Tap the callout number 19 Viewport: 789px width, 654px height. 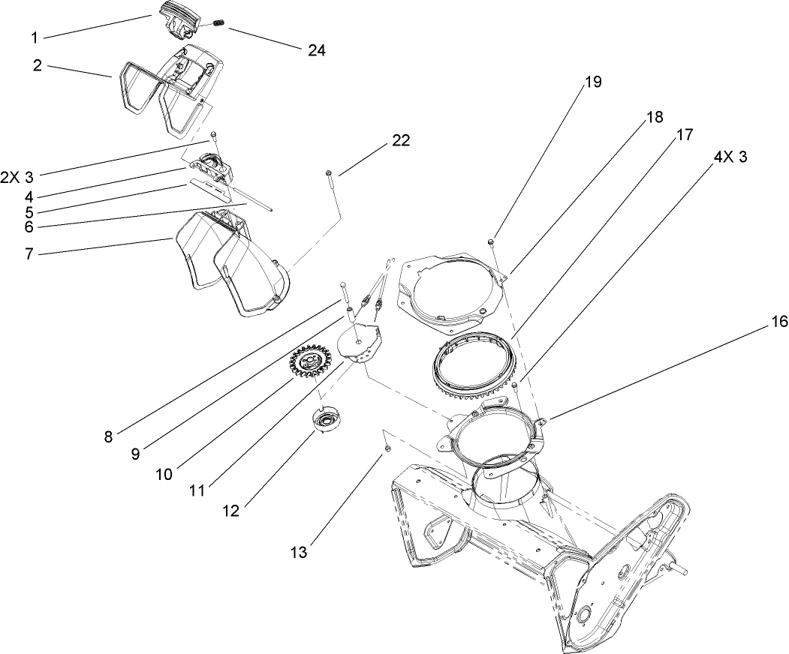[x=592, y=82]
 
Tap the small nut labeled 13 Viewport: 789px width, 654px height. [x=387, y=448]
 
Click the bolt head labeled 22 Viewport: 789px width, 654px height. [x=330, y=174]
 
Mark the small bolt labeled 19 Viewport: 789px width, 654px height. [x=489, y=241]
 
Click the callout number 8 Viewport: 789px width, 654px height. [x=108, y=436]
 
